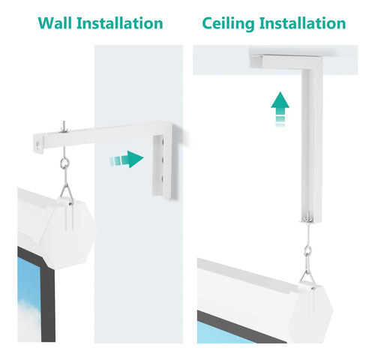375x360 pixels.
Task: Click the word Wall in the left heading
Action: (55, 23)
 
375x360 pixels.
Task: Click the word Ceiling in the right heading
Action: (228, 24)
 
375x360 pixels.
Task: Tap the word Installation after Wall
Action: (120, 23)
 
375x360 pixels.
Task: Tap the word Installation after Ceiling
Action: (302, 23)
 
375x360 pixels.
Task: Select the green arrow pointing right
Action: (127, 159)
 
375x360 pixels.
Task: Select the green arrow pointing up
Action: (280, 109)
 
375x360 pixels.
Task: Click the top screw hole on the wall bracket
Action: (163, 142)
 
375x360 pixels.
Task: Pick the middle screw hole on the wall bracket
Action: (163, 160)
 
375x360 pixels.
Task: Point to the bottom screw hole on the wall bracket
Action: (163, 178)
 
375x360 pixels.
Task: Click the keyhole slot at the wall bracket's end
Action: (38, 145)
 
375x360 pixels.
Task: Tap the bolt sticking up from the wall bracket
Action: (64, 127)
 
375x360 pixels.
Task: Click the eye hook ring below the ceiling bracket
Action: (308, 250)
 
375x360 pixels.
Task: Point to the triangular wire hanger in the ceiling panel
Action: (307, 275)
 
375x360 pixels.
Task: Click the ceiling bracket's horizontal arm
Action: (284, 61)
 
